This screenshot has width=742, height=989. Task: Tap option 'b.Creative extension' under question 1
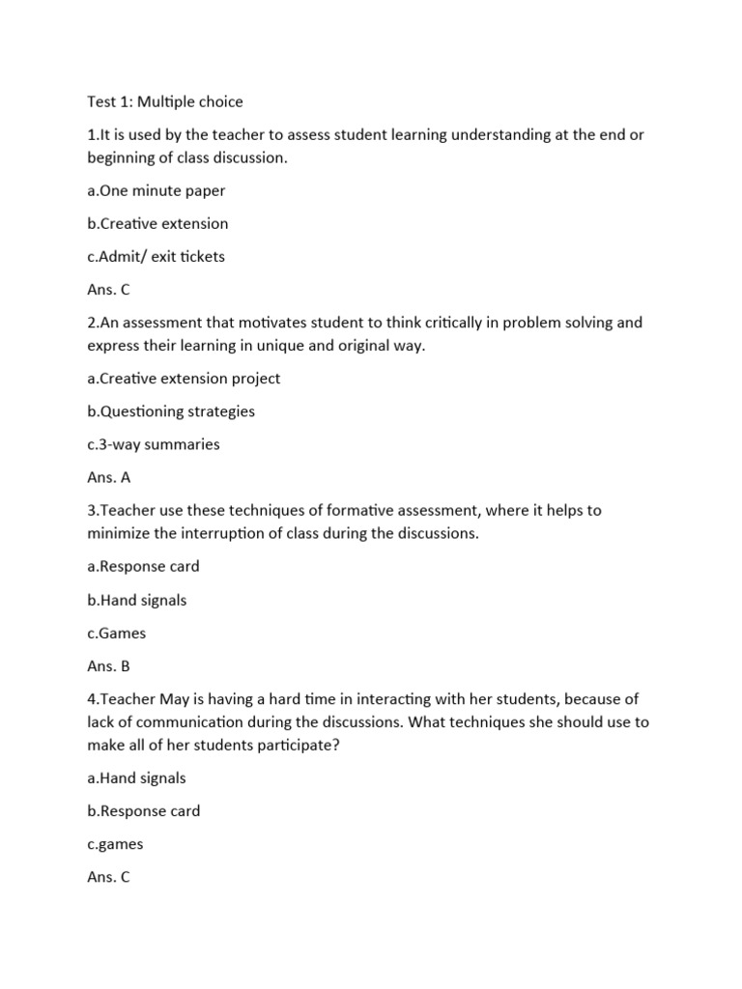[x=157, y=223]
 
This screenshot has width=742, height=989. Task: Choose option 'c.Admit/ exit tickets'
[x=156, y=257]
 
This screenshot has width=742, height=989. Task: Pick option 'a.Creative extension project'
[x=184, y=379]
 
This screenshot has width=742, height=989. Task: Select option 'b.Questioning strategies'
[x=171, y=411]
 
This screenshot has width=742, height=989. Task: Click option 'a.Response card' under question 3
[x=143, y=566]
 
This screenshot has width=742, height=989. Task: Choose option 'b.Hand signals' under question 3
[x=136, y=600]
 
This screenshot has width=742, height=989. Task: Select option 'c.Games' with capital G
[x=117, y=634]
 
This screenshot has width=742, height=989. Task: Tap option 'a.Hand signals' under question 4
[x=136, y=777]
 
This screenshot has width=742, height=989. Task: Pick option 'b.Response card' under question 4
[x=144, y=811]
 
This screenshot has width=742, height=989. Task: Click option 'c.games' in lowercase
[x=115, y=844]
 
